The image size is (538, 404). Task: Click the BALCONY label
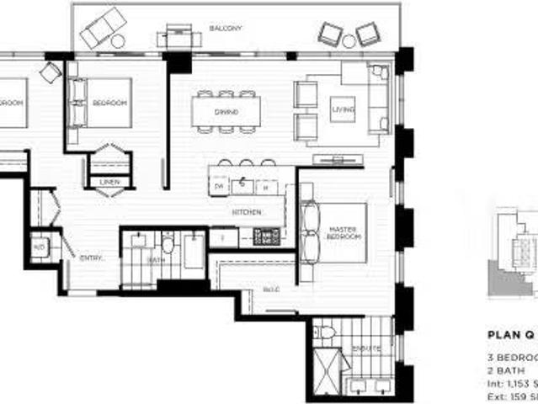225,29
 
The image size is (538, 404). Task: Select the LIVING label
343,110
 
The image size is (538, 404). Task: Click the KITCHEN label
247,212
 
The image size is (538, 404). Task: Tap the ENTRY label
91,258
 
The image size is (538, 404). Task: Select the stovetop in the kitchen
268,237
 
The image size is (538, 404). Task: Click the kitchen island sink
242,183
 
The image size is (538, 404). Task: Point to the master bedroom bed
337,231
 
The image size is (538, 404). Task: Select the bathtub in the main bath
193,251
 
